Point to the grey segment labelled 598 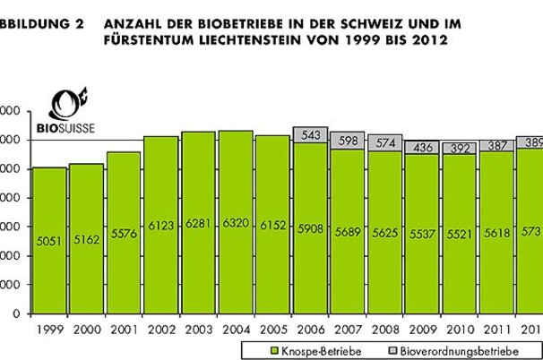[x=348, y=141]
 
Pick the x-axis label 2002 [x=161, y=329]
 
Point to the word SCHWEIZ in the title [x=361, y=25]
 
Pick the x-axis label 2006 [x=310, y=329]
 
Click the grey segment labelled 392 [x=460, y=148]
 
